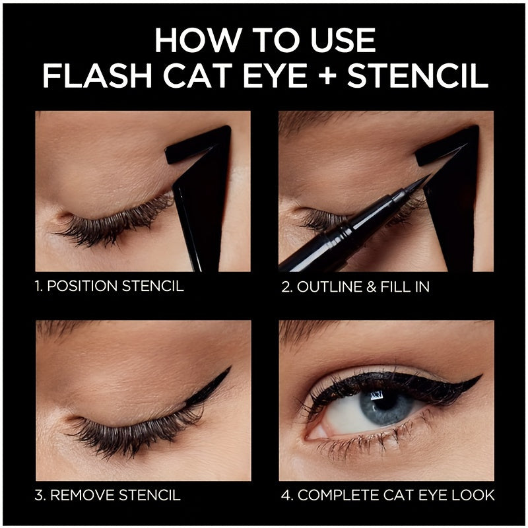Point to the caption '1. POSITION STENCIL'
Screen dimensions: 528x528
pos(109,286)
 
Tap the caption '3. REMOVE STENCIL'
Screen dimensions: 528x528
pos(107,494)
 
